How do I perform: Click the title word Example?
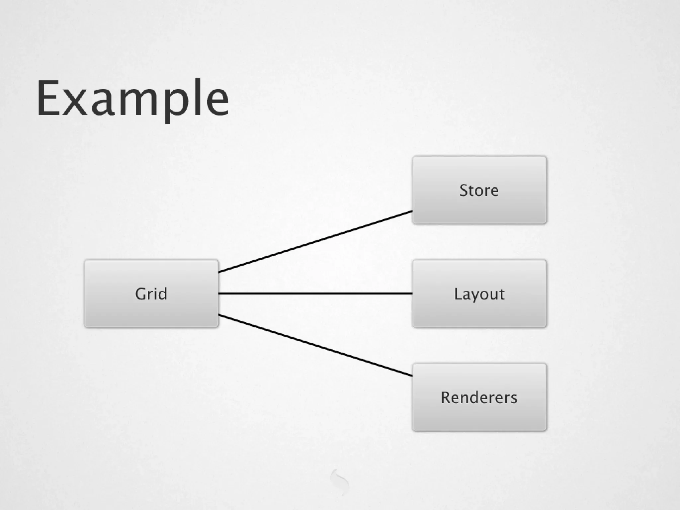(133, 98)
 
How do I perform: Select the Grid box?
(151, 294)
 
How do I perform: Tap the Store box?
(479, 190)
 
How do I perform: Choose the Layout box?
(479, 294)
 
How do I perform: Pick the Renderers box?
(479, 397)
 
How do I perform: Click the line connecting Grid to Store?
(315, 241)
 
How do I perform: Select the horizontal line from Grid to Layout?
(315, 294)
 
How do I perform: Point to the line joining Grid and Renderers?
(315, 345)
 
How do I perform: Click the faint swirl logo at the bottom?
(340, 481)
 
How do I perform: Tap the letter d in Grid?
(162, 294)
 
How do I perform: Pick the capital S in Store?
(464, 191)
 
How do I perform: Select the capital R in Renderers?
(446, 397)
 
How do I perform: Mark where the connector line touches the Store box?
(412, 211)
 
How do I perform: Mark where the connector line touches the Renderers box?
(412, 376)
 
